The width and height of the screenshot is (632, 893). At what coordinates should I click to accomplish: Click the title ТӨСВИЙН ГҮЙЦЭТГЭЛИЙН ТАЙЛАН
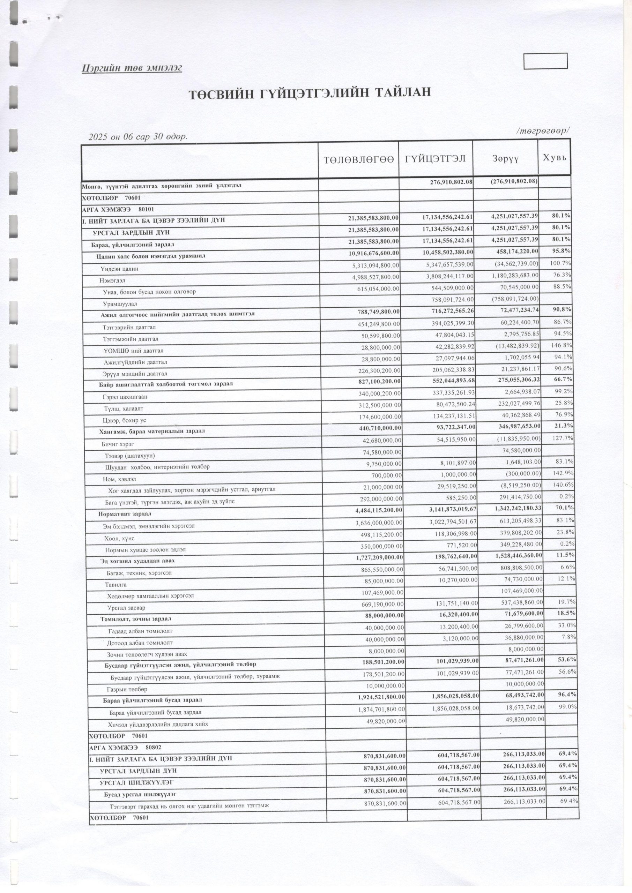pos(310,95)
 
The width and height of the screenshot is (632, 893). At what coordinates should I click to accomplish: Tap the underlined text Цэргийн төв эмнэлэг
pos(132,68)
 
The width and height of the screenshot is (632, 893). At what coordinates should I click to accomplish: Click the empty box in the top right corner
pos(545,61)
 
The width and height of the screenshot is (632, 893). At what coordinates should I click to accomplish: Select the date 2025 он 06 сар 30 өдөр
pos(138,136)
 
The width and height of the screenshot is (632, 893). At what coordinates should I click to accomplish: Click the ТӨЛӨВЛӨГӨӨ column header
pos(358,159)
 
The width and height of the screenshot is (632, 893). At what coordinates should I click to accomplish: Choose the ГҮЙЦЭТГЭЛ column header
pos(436,158)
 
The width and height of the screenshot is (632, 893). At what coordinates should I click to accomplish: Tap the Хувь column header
pos(555,158)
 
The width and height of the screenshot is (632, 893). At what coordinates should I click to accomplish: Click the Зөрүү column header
pos(505,159)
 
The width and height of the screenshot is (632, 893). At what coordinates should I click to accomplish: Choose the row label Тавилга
pos(116,584)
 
